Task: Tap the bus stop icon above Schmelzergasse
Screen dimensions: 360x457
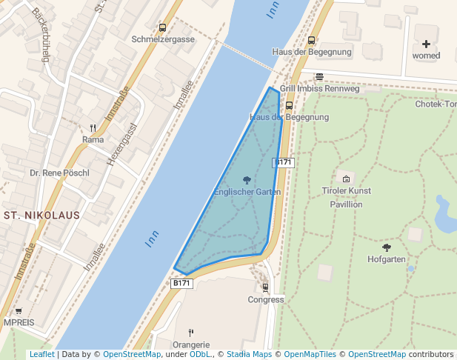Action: [162, 27]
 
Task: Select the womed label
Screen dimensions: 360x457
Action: [426, 56]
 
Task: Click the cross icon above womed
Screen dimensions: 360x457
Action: [426, 44]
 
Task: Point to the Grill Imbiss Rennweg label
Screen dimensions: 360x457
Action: [319, 88]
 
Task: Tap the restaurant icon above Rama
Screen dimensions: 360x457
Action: [93, 127]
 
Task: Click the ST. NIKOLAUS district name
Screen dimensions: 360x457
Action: [41, 216]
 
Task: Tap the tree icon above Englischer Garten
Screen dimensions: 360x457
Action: [247, 180]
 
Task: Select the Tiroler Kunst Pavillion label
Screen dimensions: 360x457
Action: [346, 197]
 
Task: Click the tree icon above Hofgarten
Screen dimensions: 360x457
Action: [387, 247]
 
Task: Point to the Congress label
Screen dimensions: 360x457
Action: [266, 300]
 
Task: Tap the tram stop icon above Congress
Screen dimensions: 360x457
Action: [266, 287]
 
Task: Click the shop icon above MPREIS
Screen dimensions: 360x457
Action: [19, 311]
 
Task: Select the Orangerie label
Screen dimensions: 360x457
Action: [191, 344]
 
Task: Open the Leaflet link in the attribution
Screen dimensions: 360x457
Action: [41, 354]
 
